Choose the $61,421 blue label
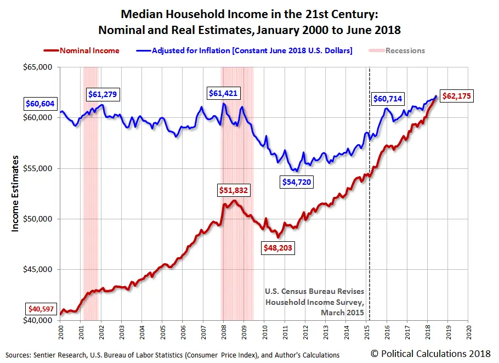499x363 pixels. point(223,93)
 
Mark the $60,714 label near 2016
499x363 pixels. point(388,99)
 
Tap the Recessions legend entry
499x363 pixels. point(405,50)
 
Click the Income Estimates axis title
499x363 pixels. point(15,193)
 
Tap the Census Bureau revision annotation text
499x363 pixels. point(314,302)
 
